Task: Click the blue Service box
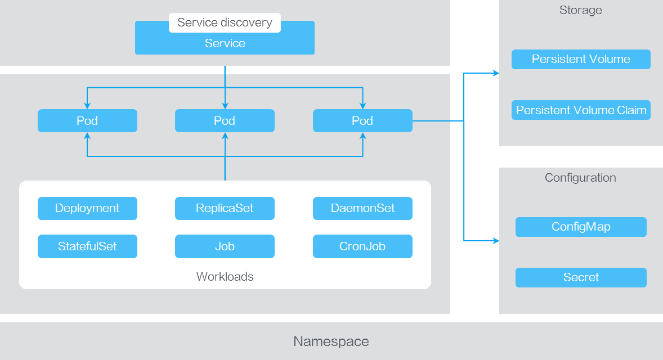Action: click(225, 44)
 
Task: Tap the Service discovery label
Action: click(225, 22)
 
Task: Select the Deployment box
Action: click(87, 208)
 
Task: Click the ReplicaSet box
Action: click(225, 208)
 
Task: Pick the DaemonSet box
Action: click(362, 208)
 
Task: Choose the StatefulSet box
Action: click(87, 246)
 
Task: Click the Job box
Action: click(225, 246)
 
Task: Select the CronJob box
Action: click(362, 246)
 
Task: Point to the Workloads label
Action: click(225, 277)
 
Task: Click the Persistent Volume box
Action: click(581, 59)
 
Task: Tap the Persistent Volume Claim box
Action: click(581, 110)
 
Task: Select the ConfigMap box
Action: click(581, 227)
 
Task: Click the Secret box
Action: click(581, 277)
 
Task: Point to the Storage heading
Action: click(580, 10)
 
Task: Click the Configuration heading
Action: click(580, 178)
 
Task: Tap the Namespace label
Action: click(331, 341)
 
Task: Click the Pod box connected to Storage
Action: click(362, 121)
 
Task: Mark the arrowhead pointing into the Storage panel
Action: click(496, 73)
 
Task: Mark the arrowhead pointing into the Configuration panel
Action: click(496, 241)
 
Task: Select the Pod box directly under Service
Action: click(225, 121)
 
